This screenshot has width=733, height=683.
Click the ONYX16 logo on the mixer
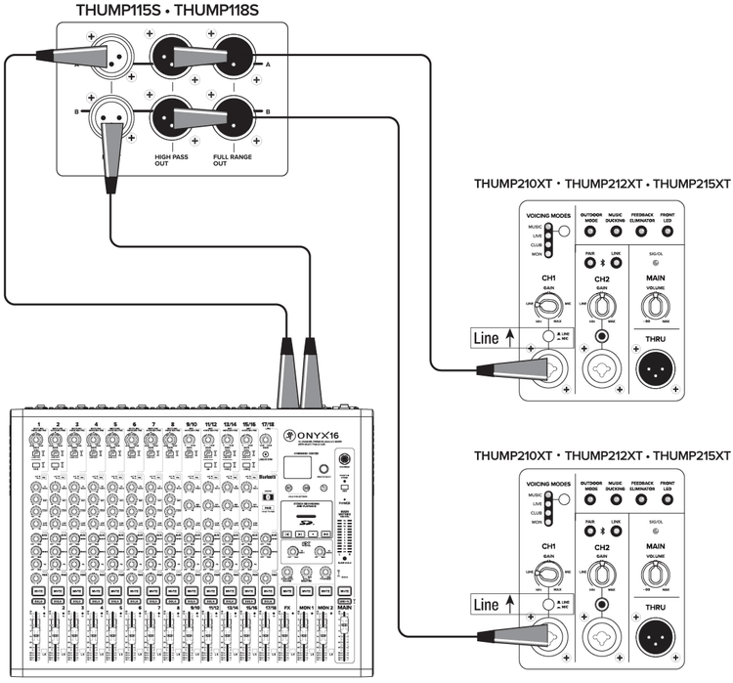315,437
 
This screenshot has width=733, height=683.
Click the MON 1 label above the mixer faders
307,607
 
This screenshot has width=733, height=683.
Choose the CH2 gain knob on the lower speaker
602,572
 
